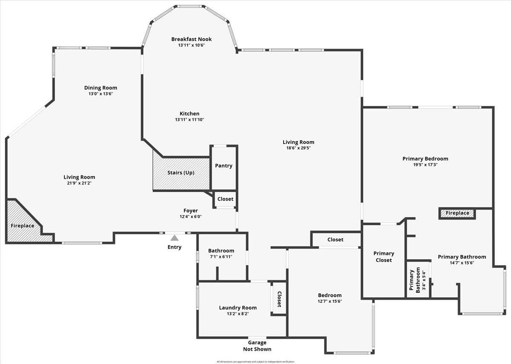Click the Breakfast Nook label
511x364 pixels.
[x=191, y=39]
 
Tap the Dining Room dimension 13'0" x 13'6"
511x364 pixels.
[x=100, y=94]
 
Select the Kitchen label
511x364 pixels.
[x=189, y=114]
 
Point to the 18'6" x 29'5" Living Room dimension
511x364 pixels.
[x=299, y=149]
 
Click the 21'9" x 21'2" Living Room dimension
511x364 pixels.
[x=79, y=183]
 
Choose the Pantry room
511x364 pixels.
[x=224, y=166]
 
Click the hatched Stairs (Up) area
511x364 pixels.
[x=181, y=173]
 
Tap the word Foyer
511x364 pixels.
[x=190, y=210]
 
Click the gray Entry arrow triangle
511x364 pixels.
[x=175, y=238]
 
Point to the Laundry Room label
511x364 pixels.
[x=238, y=308]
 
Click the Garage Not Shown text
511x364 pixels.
[x=257, y=346]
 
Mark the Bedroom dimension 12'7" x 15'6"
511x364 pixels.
[x=330, y=301]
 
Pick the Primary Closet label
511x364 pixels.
[x=384, y=257]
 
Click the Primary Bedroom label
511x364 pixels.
[x=425, y=159]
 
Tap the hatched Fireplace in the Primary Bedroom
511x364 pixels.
[x=457, y=213]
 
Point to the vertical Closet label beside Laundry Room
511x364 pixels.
[x=279, y=299]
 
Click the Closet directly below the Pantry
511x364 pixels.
[x=225, y=199]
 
